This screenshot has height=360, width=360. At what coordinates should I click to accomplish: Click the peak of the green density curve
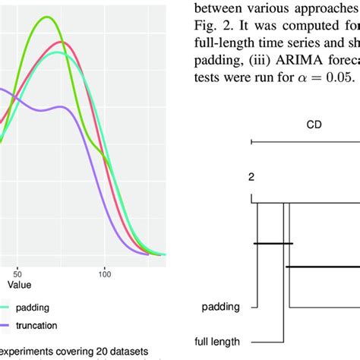point(49,17)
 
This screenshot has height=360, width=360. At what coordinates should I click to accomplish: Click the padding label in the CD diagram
point(221,308)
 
